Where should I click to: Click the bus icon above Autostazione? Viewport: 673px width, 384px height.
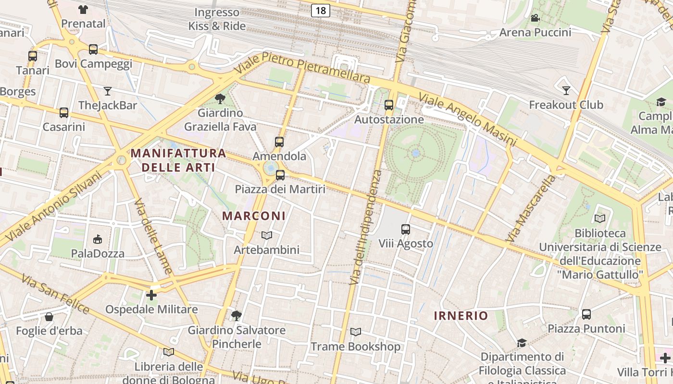(x=389, y=105)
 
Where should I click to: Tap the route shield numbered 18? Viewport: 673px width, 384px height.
(x=320, y=10)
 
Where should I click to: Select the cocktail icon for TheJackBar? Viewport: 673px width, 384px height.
(x=108, y=91)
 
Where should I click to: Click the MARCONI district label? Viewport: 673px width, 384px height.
(x=254, y=216)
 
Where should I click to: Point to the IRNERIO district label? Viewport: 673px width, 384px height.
(x=461, y=315)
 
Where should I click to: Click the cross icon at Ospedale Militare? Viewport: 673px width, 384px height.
(x=151, y=295)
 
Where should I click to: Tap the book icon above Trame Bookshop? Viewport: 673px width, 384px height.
(x=356, y=332)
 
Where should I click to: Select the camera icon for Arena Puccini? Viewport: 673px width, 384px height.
(x=535, y=18)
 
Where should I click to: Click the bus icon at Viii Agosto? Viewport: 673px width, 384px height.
(x=406, y=229)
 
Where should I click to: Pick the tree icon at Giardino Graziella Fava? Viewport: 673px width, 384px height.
(x=220, y=99)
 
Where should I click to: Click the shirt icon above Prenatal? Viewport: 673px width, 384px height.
(x=83, y=9)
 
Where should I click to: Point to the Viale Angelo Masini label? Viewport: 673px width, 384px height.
(x=467, y=120)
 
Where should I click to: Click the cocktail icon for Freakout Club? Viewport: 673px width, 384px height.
(x=566, y=90)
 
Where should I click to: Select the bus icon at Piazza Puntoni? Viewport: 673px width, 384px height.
(x=586, y=314)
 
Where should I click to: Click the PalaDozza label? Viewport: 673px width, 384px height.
(x=98, y=253)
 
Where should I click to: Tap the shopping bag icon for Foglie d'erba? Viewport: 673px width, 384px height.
(x=49, y=317)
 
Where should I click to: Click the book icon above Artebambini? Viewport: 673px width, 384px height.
(x=267, y=235)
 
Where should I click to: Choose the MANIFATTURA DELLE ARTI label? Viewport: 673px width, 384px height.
(x=178, y=160)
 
